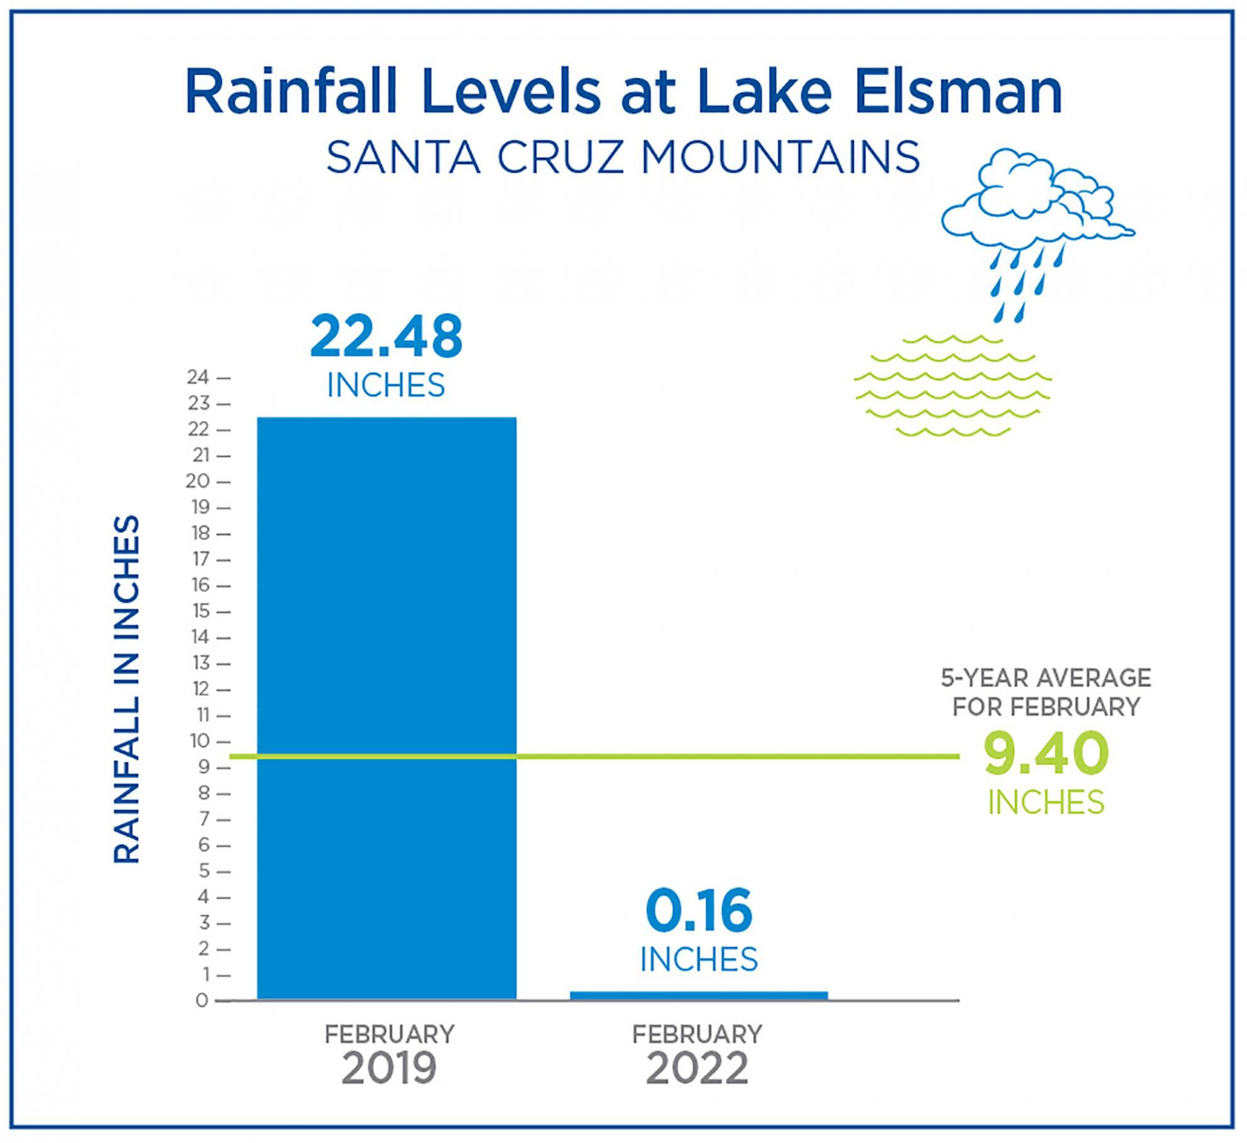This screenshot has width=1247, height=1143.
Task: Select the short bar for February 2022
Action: [698, 995]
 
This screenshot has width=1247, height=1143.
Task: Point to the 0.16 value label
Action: [698, 910]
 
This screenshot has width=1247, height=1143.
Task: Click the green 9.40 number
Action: [1046, 754]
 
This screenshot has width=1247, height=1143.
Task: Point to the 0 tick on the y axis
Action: [201, 1000]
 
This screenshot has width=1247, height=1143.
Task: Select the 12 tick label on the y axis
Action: [201, 689]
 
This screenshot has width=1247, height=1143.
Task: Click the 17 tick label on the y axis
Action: [201, 559]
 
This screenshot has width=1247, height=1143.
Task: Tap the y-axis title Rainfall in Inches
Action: [126, 690]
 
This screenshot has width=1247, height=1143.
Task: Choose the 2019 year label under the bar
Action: [389, 1068]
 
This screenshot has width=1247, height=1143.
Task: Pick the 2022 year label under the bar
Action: [697, 1068]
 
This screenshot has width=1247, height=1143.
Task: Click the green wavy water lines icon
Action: [952, 386]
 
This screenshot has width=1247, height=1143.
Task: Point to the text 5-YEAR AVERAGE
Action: [1046, 678]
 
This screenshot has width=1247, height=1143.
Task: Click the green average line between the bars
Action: [544, 756]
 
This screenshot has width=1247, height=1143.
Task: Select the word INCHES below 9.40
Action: [1046, 802]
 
